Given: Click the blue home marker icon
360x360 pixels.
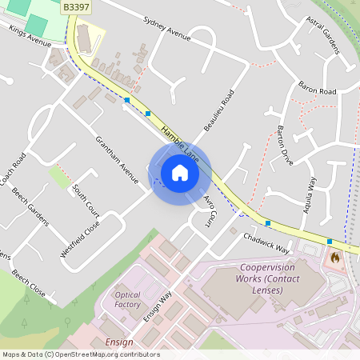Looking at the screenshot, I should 180,172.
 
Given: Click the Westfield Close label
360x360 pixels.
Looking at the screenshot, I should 81,239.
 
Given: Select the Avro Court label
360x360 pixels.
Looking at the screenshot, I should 210,206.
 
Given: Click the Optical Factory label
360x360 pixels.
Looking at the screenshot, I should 127,299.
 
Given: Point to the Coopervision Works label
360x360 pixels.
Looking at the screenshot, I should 267,278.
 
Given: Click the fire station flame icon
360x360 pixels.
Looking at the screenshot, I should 335,258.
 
